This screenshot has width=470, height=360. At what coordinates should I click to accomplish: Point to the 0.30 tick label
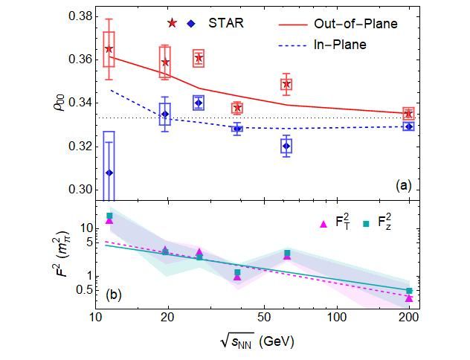(x=77, y=190)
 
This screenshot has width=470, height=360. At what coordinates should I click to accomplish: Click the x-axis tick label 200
(x=408, y=318)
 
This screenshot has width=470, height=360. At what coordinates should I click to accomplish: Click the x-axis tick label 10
(x=95, y=318)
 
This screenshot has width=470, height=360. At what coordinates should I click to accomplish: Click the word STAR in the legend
(x=226, y=23)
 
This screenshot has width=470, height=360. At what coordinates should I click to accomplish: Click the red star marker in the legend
(x=173, y=23)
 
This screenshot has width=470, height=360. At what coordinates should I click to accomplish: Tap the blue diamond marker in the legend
(x=193, y=23)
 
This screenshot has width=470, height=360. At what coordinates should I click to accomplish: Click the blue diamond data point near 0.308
(x=109, y=173)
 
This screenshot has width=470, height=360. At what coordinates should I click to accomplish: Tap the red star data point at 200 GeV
(x=408, y=114)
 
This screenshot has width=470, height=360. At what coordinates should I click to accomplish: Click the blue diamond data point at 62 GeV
(x=287, y=146)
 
